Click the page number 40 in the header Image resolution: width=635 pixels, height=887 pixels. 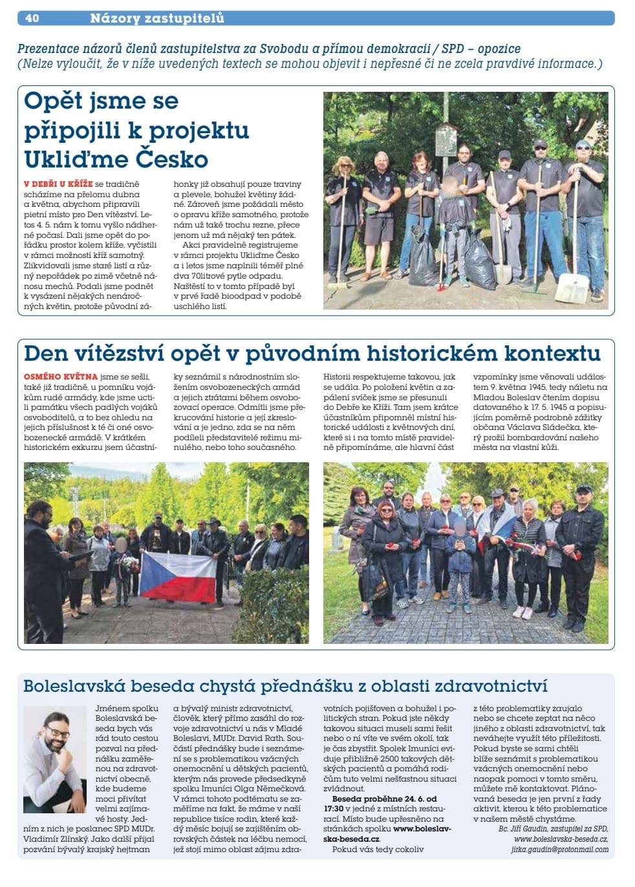[32, 18]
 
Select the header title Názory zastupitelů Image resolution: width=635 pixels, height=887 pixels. [157, 18]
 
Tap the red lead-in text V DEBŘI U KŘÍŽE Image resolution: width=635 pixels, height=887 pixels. [58, 185]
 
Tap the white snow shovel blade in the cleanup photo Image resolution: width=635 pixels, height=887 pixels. [573, 286]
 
